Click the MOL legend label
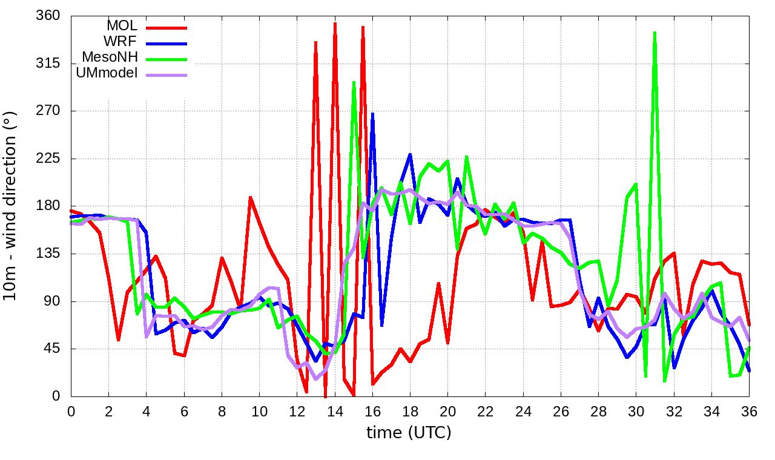pyautogui.click(x=122, y=26)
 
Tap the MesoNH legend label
pyautogui.click(x=110, y=57)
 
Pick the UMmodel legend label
pyautogui.click(x=107, y=73)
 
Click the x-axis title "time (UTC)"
pyautogui.click(x=409, y=433)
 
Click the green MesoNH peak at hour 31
pyautogui.click(x=655, y=33)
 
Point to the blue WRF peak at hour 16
pyautogui.click(x=372, y=114)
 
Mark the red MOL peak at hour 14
pyautogui.click(x=335, y=24)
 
